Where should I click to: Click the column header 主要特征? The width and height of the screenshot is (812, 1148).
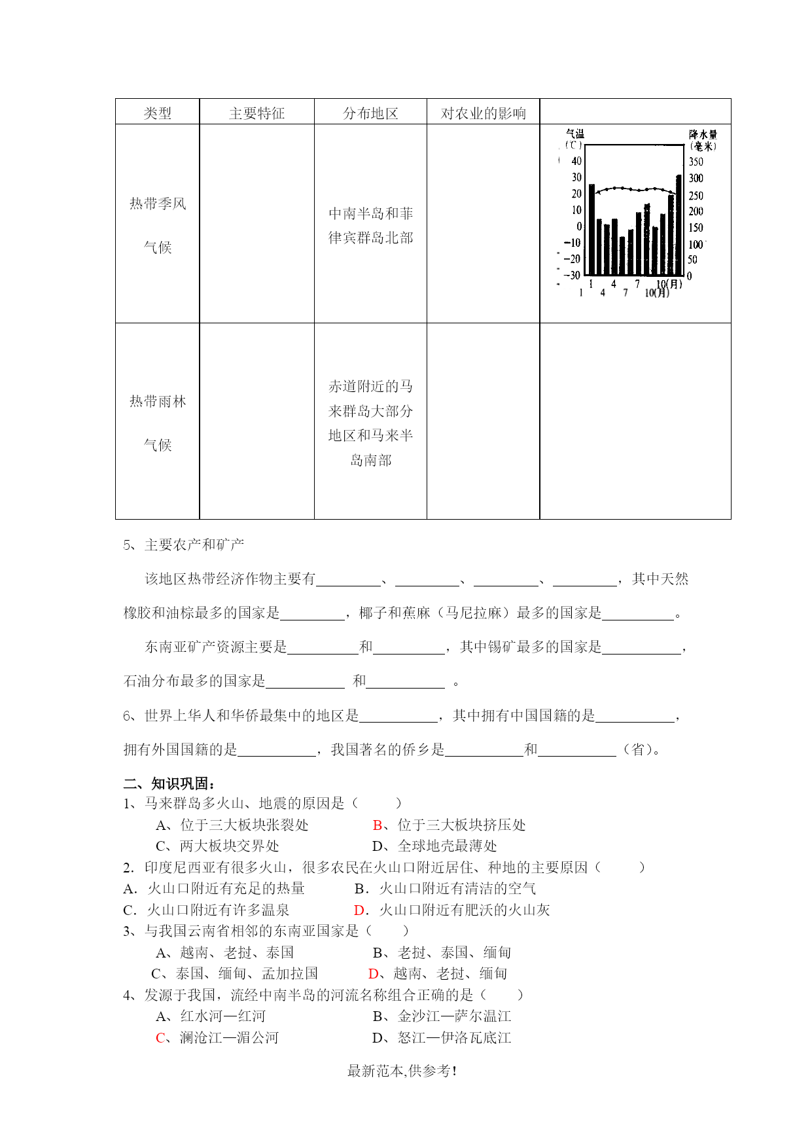[x=256, y=113]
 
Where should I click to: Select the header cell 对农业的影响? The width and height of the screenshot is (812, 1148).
[x=483, y=113]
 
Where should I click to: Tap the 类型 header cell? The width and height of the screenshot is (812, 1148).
[x=157, y=113]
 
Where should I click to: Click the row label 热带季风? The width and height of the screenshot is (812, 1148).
[x=158, y=204]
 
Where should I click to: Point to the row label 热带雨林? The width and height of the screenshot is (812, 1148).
[x=158, y=401]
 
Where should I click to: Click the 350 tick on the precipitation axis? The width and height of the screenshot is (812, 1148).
[x=696, y=162]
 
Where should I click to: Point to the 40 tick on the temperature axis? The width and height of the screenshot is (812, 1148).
[x=576, y=161]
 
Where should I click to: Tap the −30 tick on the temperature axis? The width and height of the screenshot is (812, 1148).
[x=573, y=275]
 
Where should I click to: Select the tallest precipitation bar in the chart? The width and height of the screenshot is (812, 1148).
[x=679, y=224]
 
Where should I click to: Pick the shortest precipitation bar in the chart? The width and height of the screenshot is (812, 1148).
[x=622, y=255]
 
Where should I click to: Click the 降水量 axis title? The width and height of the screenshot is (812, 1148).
[x=703, y=135]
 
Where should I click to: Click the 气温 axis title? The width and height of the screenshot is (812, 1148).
[x=575, y=134]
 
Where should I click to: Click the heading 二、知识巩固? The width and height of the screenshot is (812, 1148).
[x=169, y=783]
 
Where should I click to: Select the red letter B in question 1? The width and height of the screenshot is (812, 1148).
[x=377, y=825]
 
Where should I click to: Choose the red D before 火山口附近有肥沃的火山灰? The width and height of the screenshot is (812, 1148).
[x=359, y=910]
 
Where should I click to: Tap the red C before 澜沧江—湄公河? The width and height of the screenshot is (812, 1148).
[x=160, y=1037]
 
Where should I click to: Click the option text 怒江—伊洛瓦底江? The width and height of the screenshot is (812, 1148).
[x=454, y=1037]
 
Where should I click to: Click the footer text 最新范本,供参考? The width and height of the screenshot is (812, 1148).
[x=402, y=1071]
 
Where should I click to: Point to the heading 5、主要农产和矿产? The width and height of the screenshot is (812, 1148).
[x=184, y=545]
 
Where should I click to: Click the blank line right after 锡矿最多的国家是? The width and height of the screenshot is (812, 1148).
[x=641, y=648]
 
